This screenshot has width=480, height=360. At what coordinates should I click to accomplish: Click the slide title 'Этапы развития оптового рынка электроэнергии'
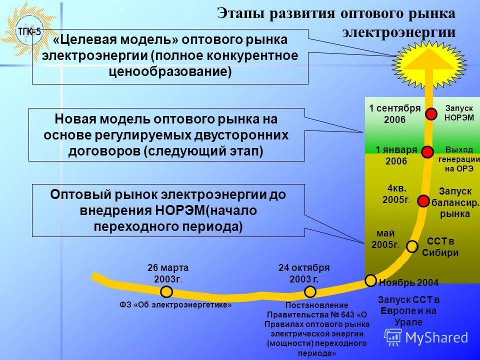[x=336, y=22]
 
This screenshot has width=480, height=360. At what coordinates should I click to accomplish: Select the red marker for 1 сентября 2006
[x=431, y=114]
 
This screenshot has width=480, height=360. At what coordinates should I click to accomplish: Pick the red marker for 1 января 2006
[x=427, y=152]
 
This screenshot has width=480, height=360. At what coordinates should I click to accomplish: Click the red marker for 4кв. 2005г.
[x=423, y=201]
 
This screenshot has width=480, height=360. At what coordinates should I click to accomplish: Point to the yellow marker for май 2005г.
[x=412, y=246]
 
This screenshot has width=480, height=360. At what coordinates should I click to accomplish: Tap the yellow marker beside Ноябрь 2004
[x=370, y=280]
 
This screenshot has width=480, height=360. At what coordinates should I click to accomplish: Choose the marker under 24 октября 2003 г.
[x=310, y=291]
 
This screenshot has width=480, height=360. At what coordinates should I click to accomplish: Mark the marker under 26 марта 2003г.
[x=166, y=291]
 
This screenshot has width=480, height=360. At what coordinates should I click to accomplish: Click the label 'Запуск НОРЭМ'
[x=458, y=113]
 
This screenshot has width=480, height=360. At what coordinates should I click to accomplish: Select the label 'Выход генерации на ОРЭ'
[x=458, y=159]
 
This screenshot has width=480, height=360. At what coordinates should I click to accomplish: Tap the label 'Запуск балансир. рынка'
[x=455, y=202]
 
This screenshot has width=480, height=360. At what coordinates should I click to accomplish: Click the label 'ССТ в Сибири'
[x=440, y=247]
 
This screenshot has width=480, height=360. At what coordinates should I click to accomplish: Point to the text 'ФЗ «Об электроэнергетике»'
[x=175, y=304]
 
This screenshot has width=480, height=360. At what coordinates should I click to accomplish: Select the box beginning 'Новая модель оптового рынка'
[x=166, y=134]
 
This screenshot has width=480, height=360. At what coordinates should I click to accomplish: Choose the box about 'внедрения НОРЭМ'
[x=168, y=210]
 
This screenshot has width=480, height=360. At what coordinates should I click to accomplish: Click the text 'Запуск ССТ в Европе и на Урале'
[x=408, y=310]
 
